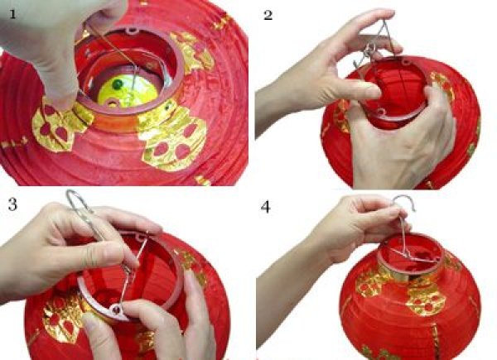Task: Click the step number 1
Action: pos(12,14)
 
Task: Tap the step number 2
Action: pos(268,15)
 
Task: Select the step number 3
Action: pos(12,204)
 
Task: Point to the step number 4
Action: pos(265,207)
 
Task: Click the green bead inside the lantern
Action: pos(118,84)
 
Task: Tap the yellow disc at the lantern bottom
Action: pos(128,91)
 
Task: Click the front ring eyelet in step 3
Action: pos(116,308)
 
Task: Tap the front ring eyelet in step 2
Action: pos(380,112)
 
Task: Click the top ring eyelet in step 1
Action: pos(133,31)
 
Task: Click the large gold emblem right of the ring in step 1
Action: pos(174,137)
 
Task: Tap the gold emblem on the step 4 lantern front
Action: pos(426,299)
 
